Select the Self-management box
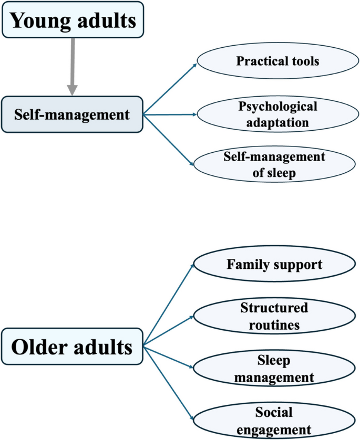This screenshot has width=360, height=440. tap(73, 114)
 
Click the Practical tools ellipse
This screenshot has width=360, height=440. tap(277, 61)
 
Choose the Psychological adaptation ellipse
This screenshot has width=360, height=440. tap(277, 114)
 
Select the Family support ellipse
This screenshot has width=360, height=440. tap(274, 264)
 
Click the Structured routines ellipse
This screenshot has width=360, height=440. tap(274, 316)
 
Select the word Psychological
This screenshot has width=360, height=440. tap(277, 107)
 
